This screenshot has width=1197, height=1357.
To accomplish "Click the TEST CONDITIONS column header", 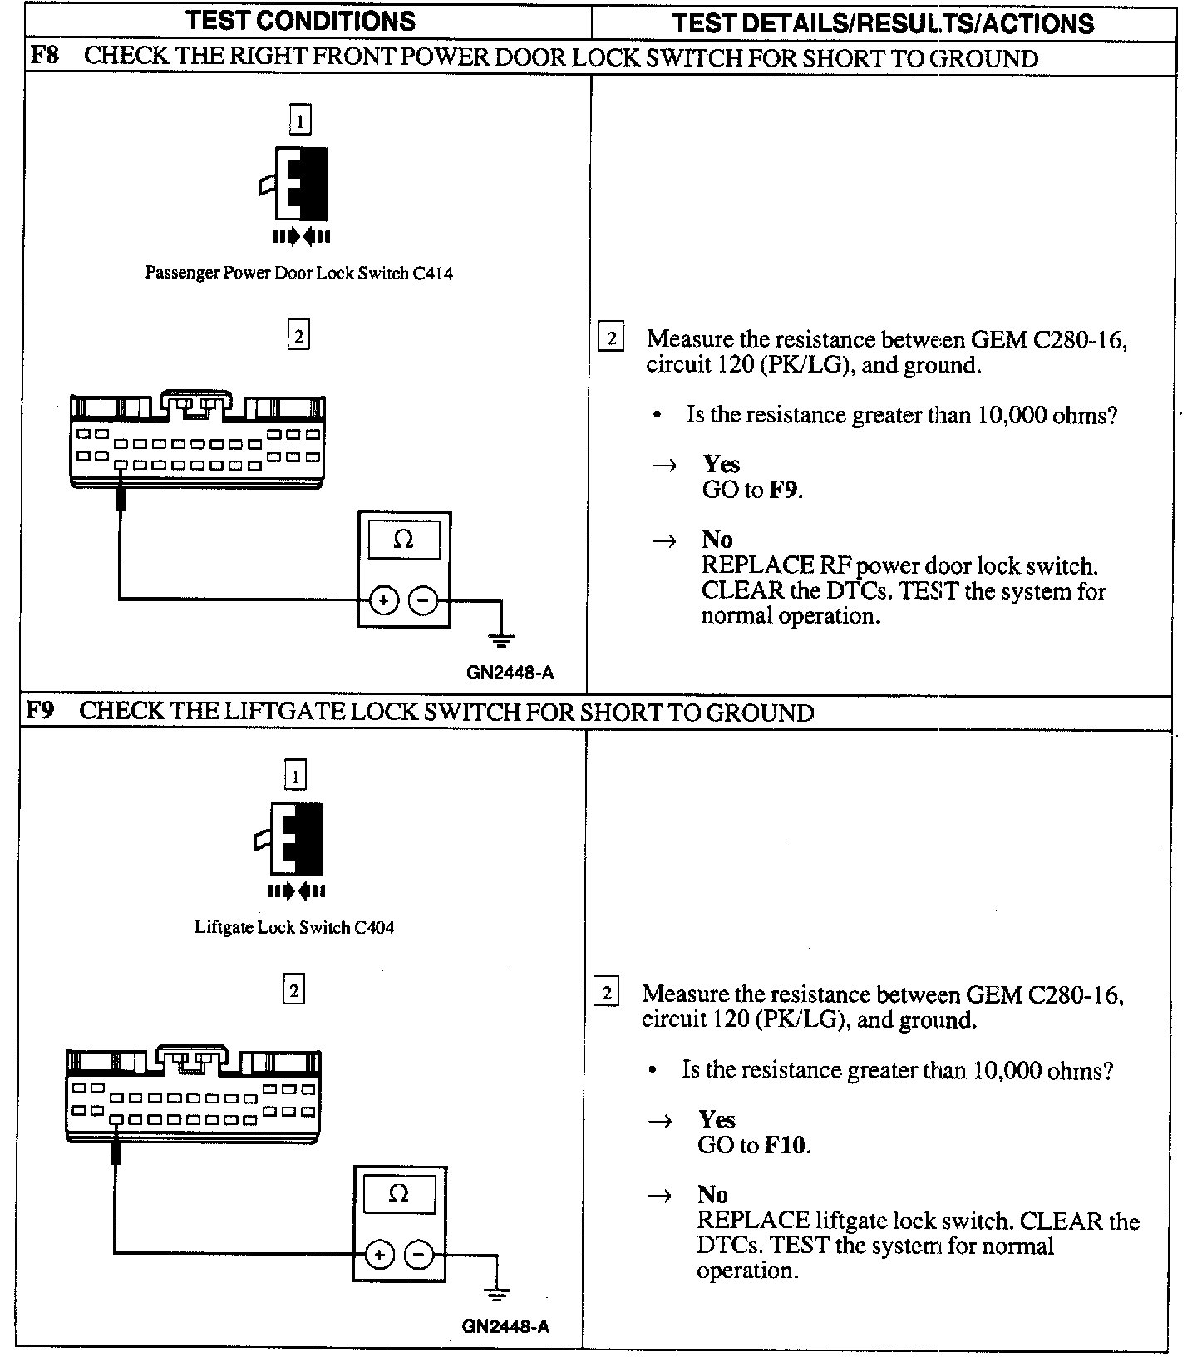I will point(301,21).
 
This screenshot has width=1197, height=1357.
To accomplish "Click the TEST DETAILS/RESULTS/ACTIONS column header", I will point(883,22).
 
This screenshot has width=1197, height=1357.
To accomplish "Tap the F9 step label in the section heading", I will point(40,712).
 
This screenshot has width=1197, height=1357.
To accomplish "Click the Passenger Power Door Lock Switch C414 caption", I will point(299,273).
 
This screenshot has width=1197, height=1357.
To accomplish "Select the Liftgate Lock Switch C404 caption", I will point(294,927).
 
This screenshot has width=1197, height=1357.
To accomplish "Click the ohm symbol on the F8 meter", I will point(403,540).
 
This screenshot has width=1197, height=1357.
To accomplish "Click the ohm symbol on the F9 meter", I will point(399,1195).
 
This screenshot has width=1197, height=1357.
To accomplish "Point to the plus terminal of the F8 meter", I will point(383,600).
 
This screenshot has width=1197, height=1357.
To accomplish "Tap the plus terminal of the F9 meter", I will point(379,1254).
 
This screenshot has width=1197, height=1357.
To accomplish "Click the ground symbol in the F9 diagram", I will point(497,1295).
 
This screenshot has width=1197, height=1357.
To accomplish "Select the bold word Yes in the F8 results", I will point(721,464).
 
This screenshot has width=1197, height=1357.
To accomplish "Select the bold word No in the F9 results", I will point(712,1195).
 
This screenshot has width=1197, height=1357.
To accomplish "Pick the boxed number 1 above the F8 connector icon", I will point(300,121).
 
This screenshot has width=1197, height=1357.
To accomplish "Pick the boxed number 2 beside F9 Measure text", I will point(607,994).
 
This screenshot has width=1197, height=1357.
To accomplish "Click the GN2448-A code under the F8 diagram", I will point(510,673).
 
